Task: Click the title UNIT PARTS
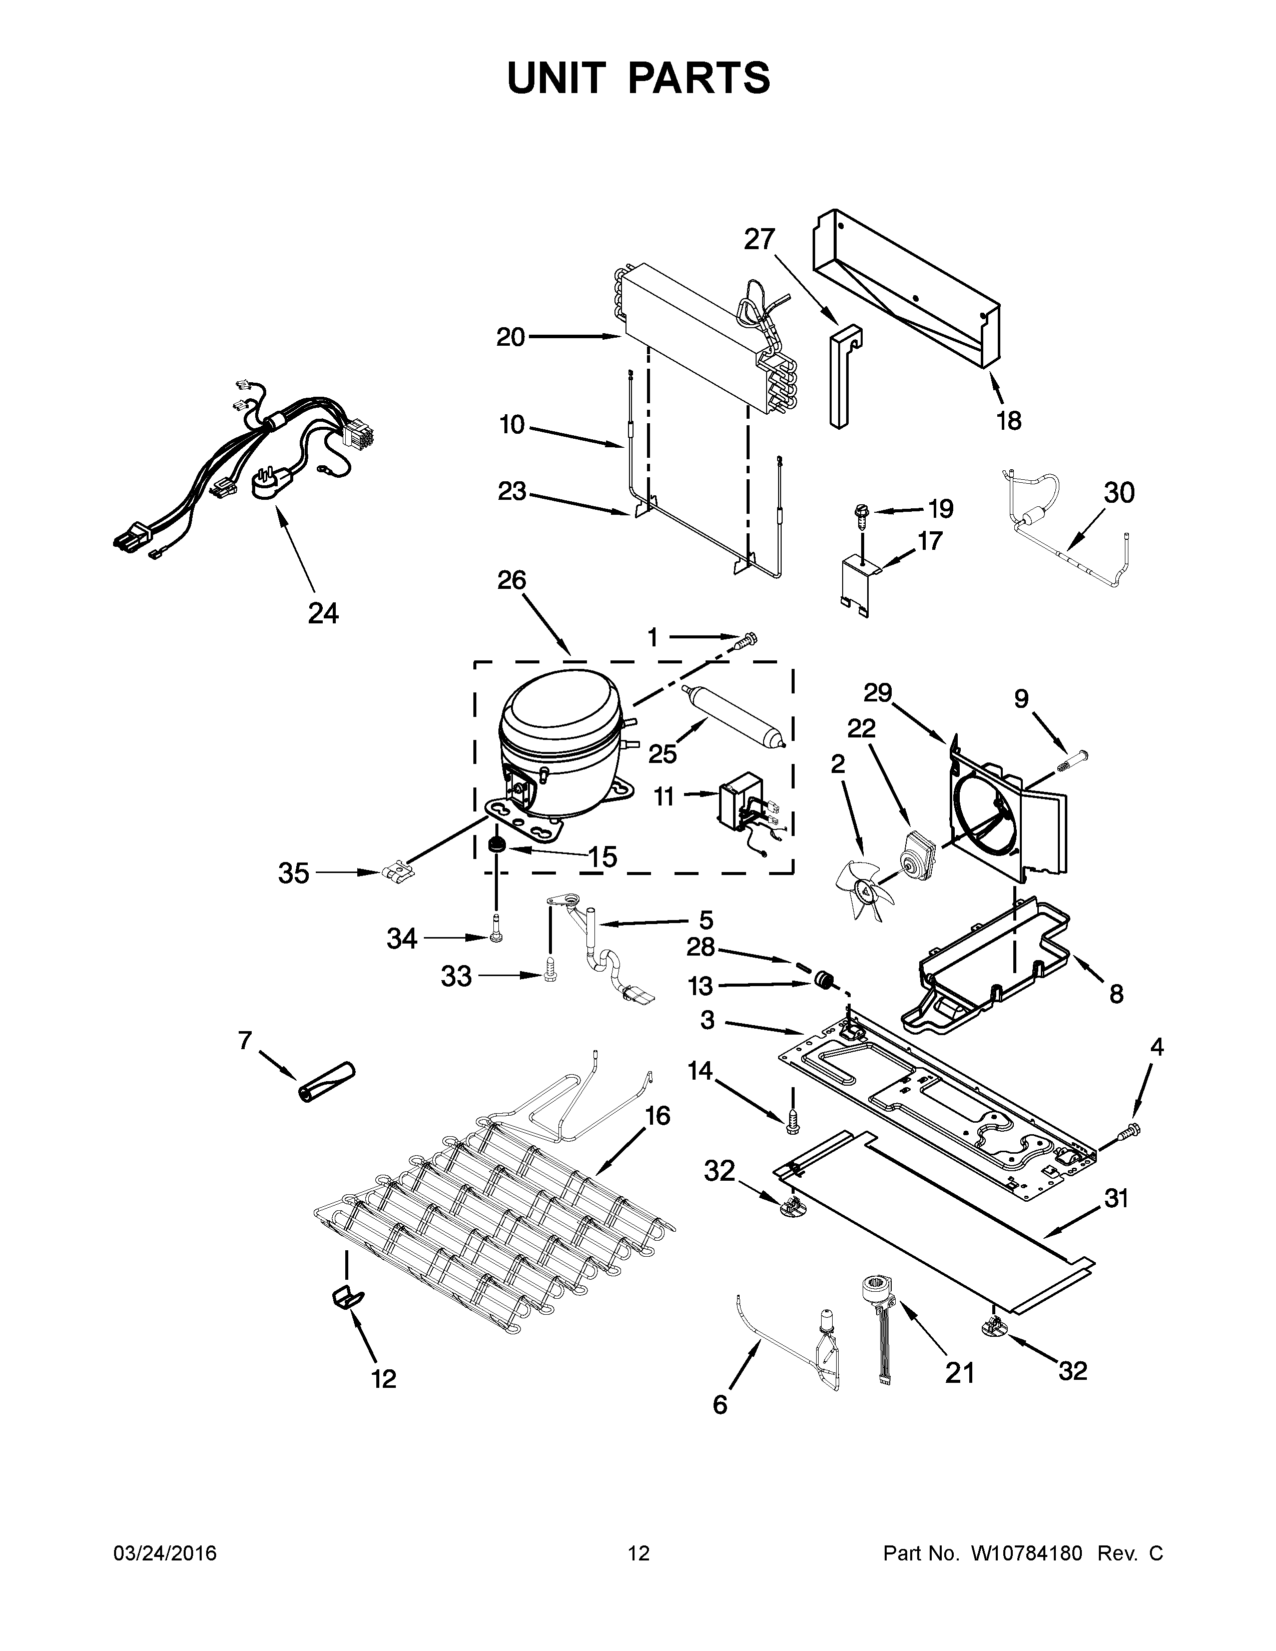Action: click(x=639, y=78)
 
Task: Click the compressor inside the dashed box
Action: click(x=559, y=744)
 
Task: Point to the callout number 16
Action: click(x=658, y=1115)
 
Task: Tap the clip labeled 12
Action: click(x=346, y=1298)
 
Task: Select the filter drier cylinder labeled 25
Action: click(x=735, y=715)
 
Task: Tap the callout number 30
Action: click(x=1119, y=492)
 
